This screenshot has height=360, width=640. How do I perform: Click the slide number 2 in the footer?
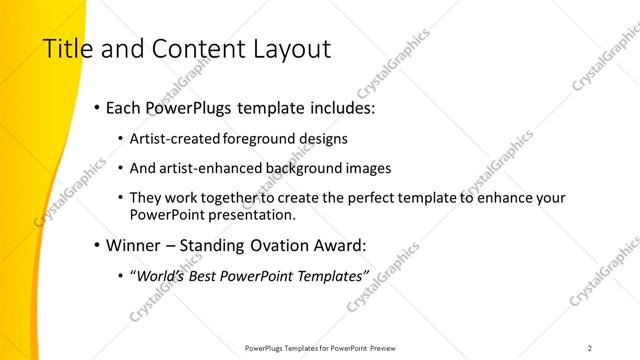tap(590, 347)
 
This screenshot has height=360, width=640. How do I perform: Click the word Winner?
tap(133, 244)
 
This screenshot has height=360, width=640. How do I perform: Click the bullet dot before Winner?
tap(95, 245)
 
